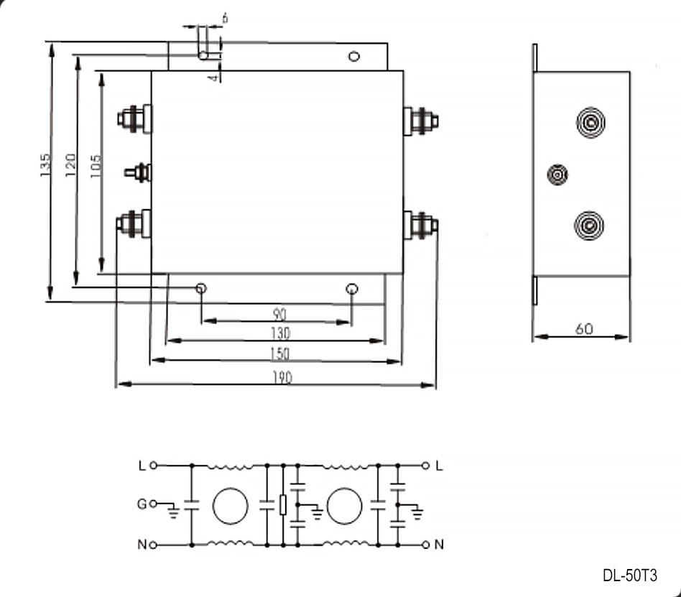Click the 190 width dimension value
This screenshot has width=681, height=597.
tap(282, 378)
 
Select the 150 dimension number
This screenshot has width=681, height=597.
tap(279, 353)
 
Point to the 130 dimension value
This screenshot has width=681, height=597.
tap(280, 333)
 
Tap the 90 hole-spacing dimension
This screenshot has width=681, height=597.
tap(279, 314)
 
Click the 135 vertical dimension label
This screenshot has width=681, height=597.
tap(45, 165)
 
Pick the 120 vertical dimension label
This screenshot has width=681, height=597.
tap(70, 165)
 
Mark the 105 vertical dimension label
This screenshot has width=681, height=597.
tap(96, 165)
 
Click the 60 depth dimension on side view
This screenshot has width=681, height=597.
tap(584, 329)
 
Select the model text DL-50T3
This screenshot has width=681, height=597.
tap(630, 575)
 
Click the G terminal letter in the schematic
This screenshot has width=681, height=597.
tap(142, 504)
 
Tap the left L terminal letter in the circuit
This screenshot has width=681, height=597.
tap(142, 466)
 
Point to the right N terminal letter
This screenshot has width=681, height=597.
tap(439, 545)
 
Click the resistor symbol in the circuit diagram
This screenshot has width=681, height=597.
tap(283, 505)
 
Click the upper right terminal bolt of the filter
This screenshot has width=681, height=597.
tap(421, 121)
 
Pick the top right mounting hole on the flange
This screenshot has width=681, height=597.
tap(354, 57)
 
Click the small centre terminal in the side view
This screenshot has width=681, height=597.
tap(557, 175)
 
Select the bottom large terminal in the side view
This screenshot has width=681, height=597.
tap(589, 226)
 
